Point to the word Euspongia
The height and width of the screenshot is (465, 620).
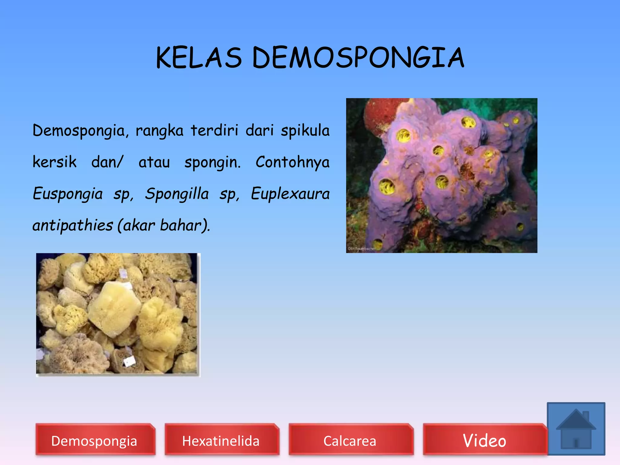click(68, 194)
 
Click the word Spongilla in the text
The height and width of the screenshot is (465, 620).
click(177, 194)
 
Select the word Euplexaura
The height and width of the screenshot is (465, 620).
click(290, 194)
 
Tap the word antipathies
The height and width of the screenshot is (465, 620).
click(73, 226)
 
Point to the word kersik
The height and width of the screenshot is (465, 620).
click(54, 162)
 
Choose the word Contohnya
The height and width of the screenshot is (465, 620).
click(292, 162)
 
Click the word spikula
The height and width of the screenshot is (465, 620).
click(305, 131)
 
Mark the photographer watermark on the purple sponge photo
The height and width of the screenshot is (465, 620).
click(361, 249)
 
